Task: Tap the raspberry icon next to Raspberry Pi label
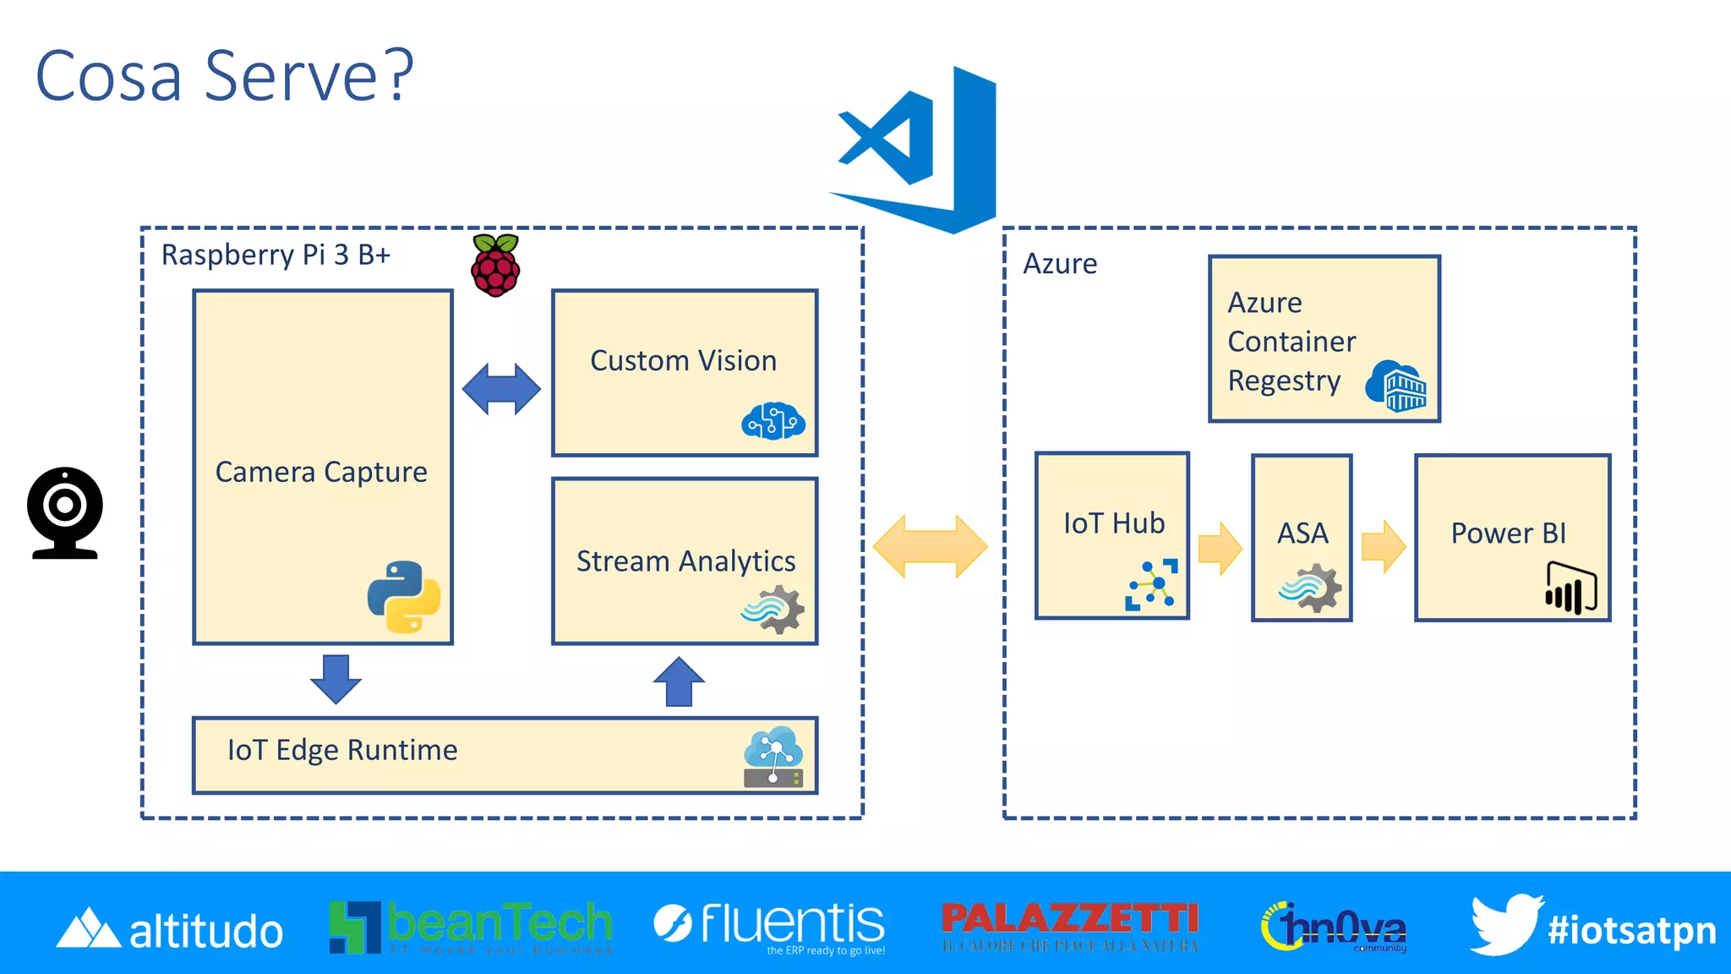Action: tap(495, 266)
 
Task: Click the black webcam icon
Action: tap(65, 512)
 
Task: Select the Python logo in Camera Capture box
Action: tap(404, 597)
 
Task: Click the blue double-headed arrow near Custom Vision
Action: tap(501, 389)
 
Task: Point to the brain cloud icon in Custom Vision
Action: tap(773, 421)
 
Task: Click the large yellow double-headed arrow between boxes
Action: tap(930, 546)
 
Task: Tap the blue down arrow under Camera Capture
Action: tap(336, 678)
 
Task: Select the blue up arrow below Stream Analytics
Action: tap(679, 681)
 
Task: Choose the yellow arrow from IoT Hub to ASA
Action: tap(1220, 548)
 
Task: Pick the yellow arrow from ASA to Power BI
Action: tap(1384, 546)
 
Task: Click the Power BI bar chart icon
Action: tap(1570, 588)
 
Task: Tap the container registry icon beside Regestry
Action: tap(1396, 386)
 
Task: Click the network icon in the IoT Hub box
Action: tap(1151, 584)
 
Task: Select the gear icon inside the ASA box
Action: tap(1310, 588)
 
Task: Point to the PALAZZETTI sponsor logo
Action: tap(1070, 926)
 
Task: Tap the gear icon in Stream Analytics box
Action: tap(773, 611)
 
